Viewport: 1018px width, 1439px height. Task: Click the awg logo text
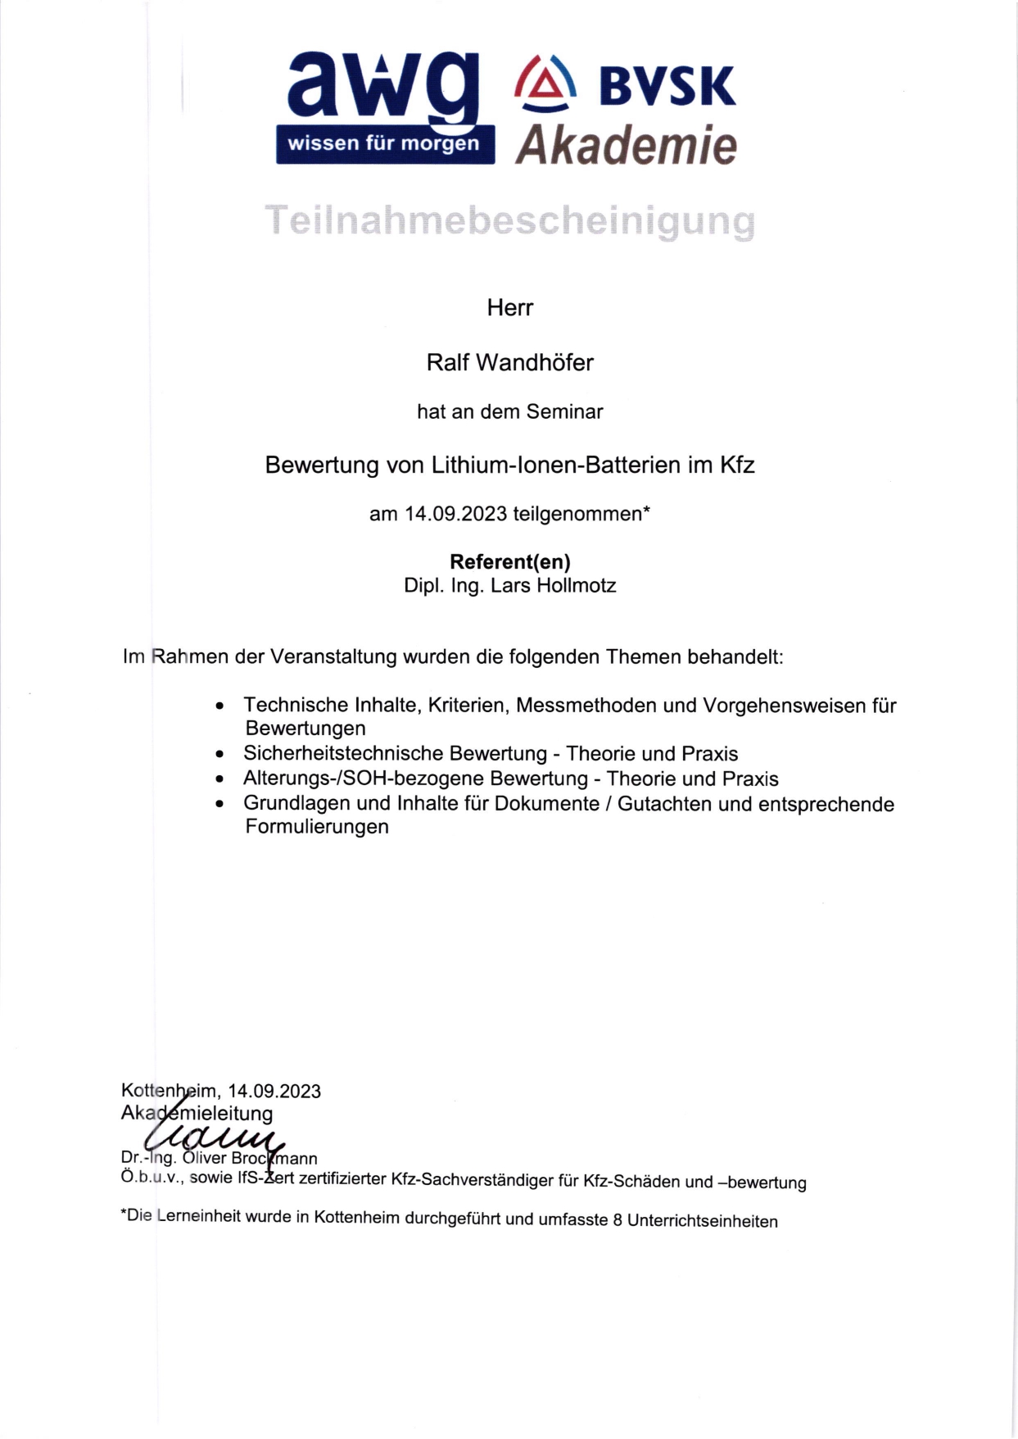pos(382,86)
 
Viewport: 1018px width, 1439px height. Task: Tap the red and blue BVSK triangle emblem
pos(545,83)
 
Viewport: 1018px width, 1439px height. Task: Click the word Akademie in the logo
pos(627,145)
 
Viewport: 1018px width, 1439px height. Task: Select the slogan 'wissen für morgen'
pos(383,144)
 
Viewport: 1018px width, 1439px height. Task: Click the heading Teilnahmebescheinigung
pos(509,221)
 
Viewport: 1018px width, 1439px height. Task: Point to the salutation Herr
pos(509,308)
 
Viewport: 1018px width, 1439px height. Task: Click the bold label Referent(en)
pos(509,561)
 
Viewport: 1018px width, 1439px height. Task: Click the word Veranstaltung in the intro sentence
pos(334,657)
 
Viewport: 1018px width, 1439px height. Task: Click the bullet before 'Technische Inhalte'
pos(219,706)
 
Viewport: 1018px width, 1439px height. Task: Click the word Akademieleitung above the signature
pos(197,1114)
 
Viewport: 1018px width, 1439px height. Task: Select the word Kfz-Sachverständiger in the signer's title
pos(473,1180)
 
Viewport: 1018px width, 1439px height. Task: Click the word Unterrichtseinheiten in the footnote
pos(702,1221)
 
